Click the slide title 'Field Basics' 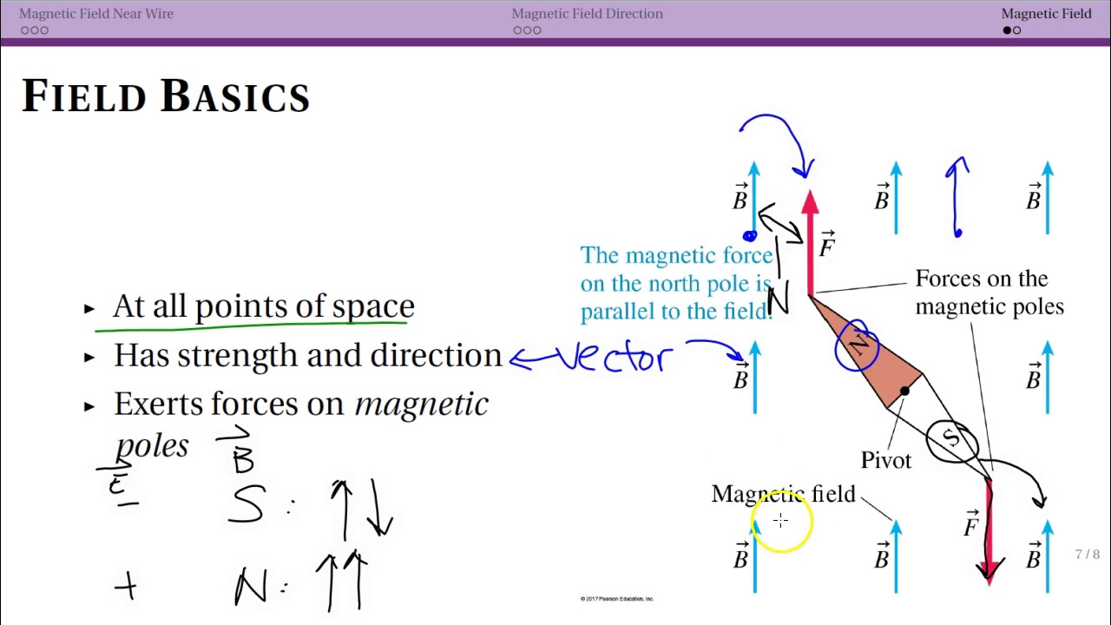click(165, 95)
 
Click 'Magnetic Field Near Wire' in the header click(96, 14)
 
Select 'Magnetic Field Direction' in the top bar click(587, 14)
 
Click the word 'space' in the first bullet click(376, 306)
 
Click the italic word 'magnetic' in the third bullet click(422, 405)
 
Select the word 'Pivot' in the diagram click(886, 460)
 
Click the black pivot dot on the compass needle click(904, 392)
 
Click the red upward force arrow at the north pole click(810, 247)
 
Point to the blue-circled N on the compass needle click(858, 345)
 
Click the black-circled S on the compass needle click(952, 439)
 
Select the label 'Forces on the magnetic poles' click(989, 293)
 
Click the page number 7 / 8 click(1087, 555)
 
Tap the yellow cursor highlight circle click(781, 522)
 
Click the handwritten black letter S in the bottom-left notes click(246, 504)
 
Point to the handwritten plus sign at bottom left click(126, 588)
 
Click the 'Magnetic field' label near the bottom click(783, 495)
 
